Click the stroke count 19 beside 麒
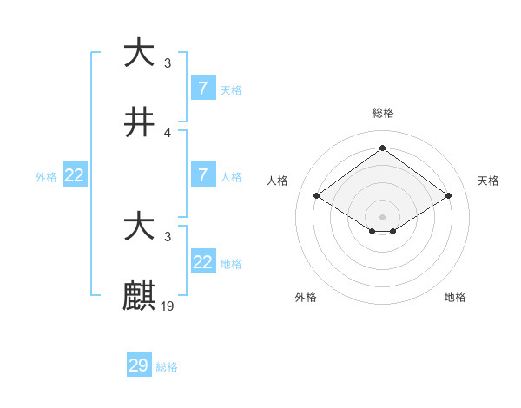pos(168,306)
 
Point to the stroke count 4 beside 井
pos(168,132)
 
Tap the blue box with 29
pos(139,365)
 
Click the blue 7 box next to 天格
pos(203,88)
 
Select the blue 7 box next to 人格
pos(203,174)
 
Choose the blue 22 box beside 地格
pos(203,261)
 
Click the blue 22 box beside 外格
pos(75,174)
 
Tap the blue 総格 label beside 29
pos(167,367)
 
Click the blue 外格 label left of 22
pos(46,176)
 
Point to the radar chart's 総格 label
pos(383,113)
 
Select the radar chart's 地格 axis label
pos(455,297)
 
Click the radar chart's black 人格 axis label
pos(278,181)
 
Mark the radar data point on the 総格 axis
pos(382,148)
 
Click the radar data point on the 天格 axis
pos(448,196)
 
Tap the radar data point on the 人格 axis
pos(317,196)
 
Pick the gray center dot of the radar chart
pos(382,216)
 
